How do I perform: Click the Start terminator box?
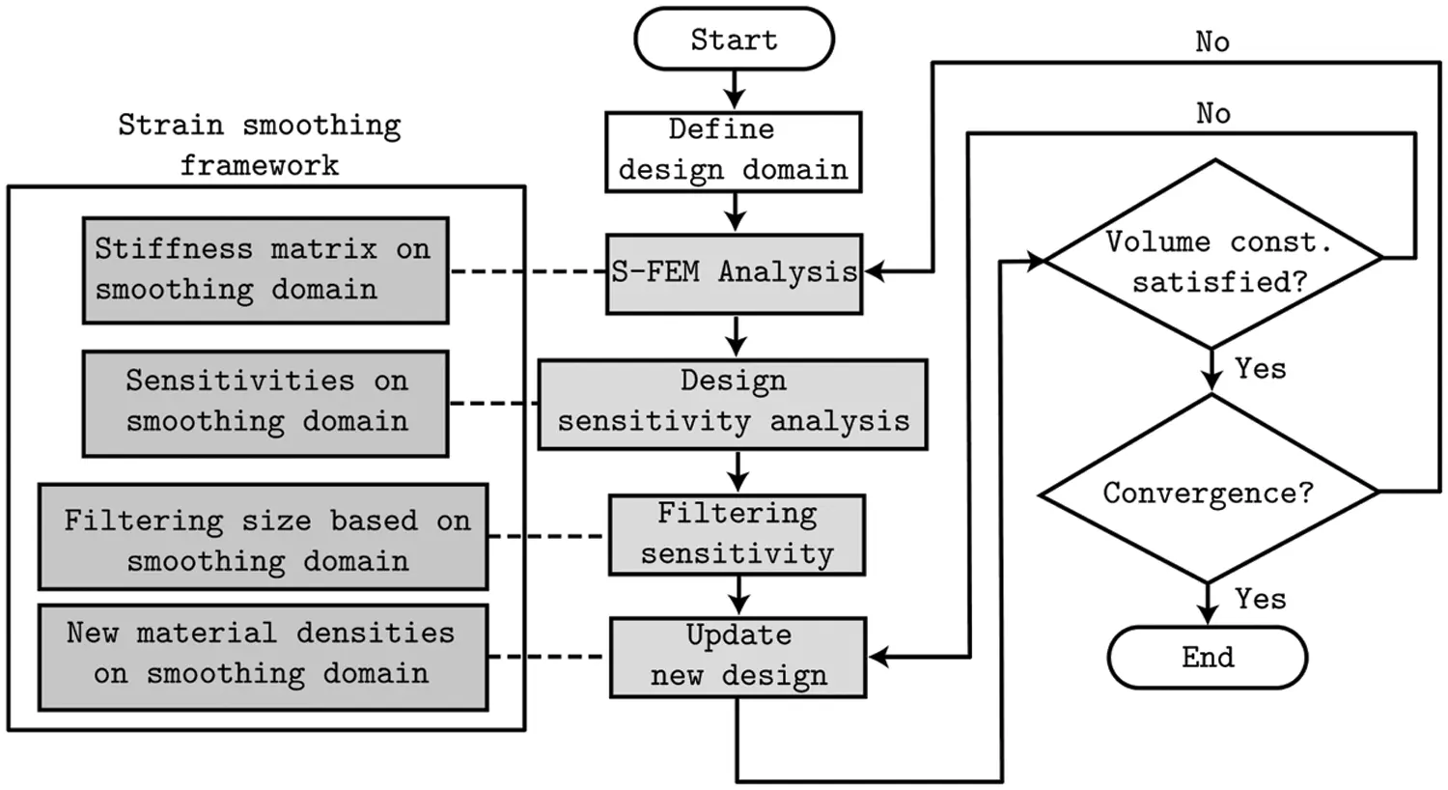click(x=734, y=40)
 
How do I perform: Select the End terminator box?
click(x=1207, y=658)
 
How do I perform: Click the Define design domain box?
click(x=734, y=151)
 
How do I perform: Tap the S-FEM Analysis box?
click(x=734, y=273)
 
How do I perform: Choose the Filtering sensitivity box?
click(x=737, y=534)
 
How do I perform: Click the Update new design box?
click(x=738, y=657)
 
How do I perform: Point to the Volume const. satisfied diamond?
click(x=1214, y=257)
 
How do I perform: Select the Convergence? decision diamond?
click(x=1208, y=493)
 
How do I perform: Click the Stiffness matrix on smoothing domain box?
click(x=265, y=269)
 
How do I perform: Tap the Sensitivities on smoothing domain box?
click(x=265, y=403)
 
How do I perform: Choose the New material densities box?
click(x=263, y=657)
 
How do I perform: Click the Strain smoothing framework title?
click(x=259, y=145)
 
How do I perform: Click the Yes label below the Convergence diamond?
click(x=1260, y=600)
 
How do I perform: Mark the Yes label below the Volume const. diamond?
click(x=1260, y=369)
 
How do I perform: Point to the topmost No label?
click(x=1211, y=42)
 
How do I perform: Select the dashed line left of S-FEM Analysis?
click(x=528, y=272)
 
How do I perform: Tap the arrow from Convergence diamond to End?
click(x=1208, y=605)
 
